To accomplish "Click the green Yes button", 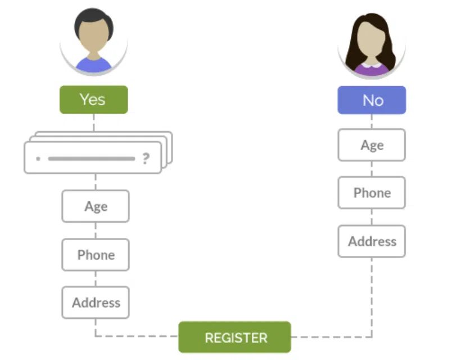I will click(x=93, y=100).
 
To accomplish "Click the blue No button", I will click(x=372, y=100).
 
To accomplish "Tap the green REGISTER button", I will click(x=235, y=337).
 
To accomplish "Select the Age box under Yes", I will click(x=96, y=206).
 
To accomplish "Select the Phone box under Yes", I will click(x=96, y=255).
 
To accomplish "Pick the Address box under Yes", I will click(x=96, y=303).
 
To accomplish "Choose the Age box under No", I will click(x=372, y=145).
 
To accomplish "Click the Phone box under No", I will click(x=372, y=193).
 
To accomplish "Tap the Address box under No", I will click(x=372, y=241).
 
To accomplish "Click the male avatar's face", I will click(x=93, y=42).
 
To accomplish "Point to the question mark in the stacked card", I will click(x=146, y=159).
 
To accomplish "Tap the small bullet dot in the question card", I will click(x=38, y=159).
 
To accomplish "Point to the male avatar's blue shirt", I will click(x=93, y=65).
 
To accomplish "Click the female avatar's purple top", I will click(x=371, y=68).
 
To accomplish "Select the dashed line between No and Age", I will click(x=372, y=121).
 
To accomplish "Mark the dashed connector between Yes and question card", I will click(x=93, y=123).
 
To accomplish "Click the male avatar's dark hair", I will click(x=93, y=21).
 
